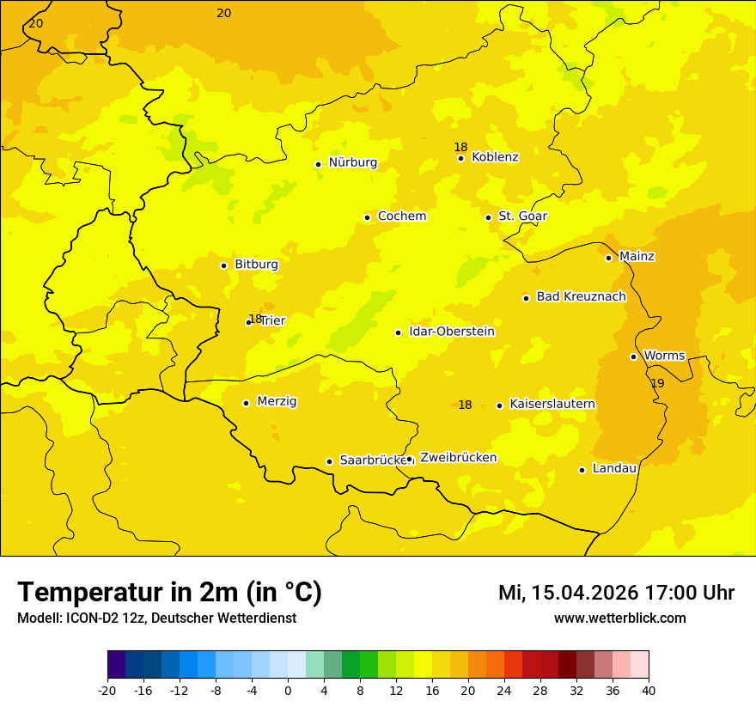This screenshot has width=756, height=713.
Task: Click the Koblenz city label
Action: (x=495, y=157)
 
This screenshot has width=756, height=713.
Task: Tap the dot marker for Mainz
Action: (x=608, y=258)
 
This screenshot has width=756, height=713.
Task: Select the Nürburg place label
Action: (x=352, y=162)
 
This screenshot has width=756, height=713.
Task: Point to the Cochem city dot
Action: (x=367, y=217)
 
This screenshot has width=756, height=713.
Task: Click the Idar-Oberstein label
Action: (x=452, y=332)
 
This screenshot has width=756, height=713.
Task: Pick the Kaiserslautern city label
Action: (x=552, y=404)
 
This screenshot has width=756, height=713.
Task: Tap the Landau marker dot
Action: (x=582, y=470)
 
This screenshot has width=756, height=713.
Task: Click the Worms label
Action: (x=664, y=356)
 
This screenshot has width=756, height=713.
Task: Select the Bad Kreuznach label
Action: (x=581, y=296)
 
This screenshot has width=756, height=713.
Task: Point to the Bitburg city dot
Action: (x=223, y=265)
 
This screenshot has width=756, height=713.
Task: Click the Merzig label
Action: (x=277, y=401)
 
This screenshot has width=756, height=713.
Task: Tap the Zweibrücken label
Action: (x=458, y=458)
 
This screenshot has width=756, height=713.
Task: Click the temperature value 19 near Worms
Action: (x=657, y=383)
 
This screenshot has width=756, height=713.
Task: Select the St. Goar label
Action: (x=522, y=216)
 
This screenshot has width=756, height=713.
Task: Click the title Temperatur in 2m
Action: (x=169, y=593)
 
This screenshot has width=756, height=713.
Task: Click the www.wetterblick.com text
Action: (x=619, y=619)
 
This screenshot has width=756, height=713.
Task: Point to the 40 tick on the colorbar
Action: (x=649, y=690)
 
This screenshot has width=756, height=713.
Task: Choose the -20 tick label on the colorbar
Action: (x=107, y=690)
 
